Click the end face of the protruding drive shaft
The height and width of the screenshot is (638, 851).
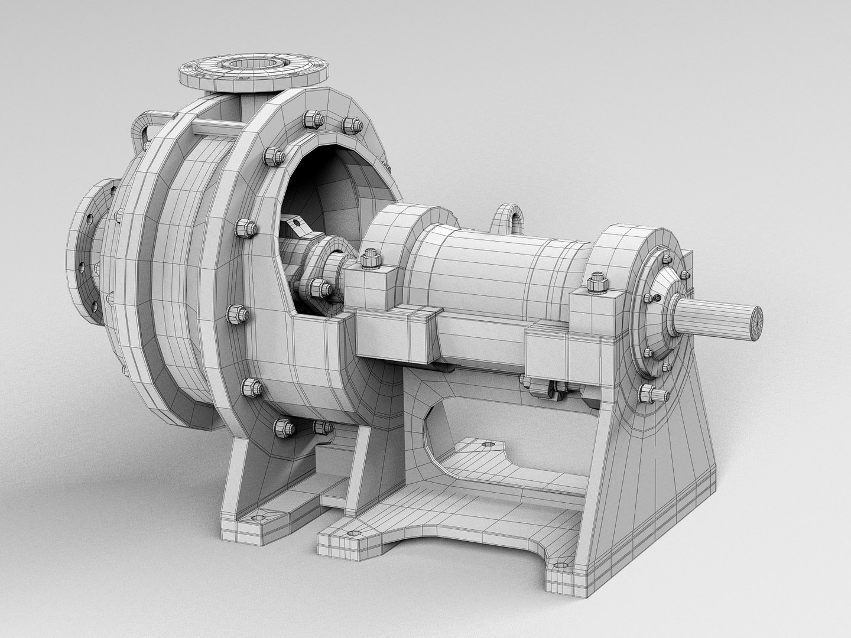(755, 324)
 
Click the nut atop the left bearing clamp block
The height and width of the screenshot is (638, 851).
(371, 258)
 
